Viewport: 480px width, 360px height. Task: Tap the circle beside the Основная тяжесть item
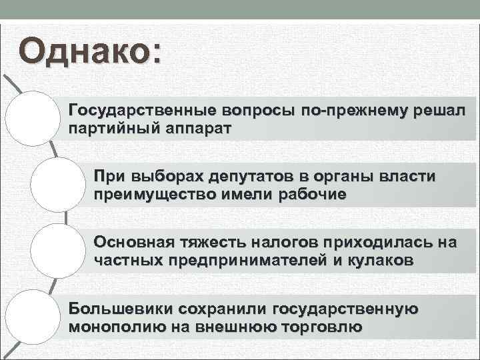59,251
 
